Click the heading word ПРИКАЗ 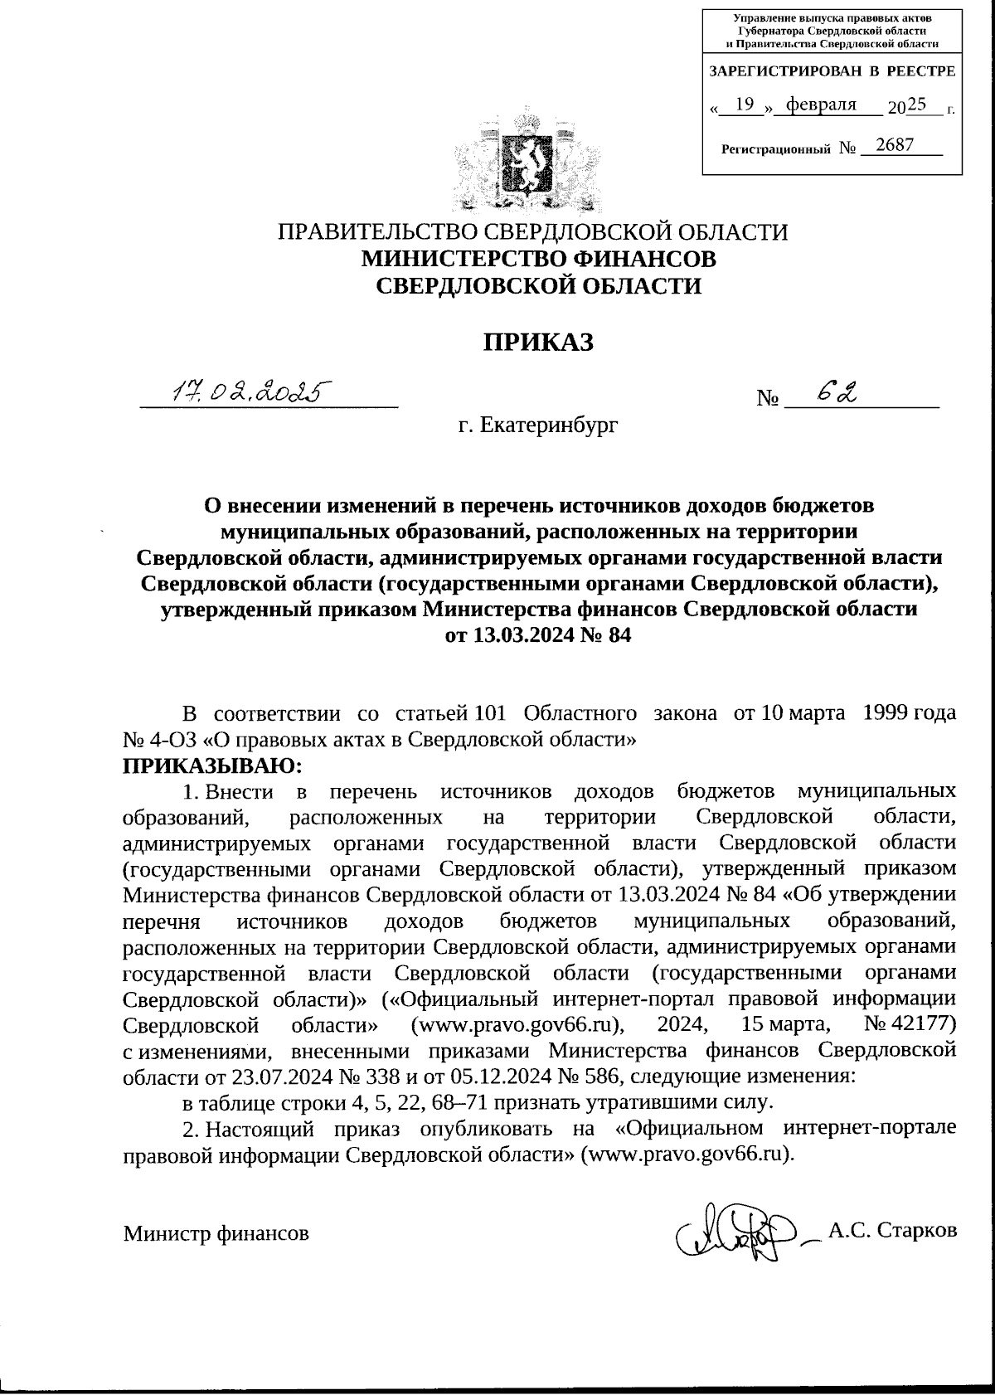539,342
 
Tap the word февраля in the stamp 821,105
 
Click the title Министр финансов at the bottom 216,1233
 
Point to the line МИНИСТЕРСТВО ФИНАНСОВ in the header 539,259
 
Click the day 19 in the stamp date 745,105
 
